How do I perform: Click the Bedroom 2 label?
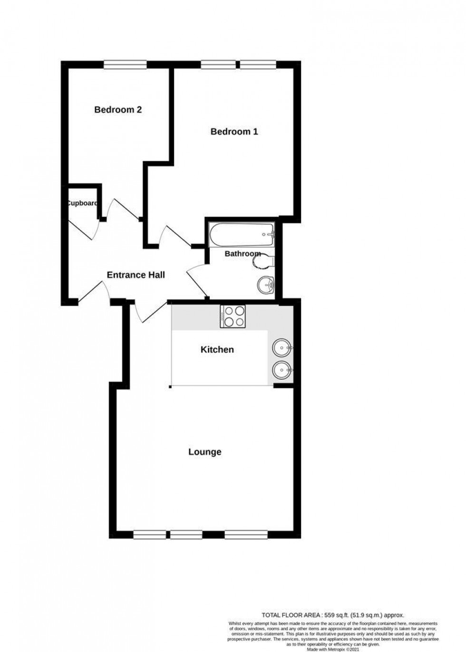(118, 110)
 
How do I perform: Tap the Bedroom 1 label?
(234, 132)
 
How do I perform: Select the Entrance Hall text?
(136, 275)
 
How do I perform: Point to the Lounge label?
(204, 452)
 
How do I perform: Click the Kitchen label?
(217, 350)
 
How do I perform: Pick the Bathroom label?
(243, 254)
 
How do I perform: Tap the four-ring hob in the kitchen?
(233, 316)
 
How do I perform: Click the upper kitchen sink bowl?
(282, 348)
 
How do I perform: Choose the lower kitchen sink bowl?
(282, 369)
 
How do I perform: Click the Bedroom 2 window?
(125, 65)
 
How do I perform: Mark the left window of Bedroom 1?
(218, 65)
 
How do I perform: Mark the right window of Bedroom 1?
(258, 65)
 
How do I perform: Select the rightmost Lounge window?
(246, 535)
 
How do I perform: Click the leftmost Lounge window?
(146, 535)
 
